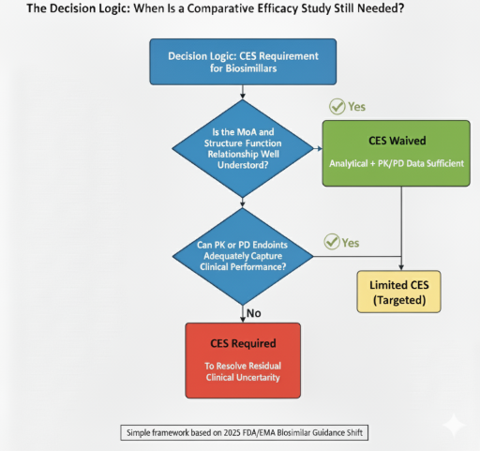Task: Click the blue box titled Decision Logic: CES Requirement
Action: click(x=243, y=63)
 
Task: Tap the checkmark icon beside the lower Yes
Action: click(x=331, y=243)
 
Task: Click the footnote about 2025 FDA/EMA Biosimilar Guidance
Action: click(x=242, y=432)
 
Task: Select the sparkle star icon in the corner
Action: click(x=453, y=425)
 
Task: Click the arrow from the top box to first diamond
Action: click(x=243, y=97)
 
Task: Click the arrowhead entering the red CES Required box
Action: click(x=243, y=319)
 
